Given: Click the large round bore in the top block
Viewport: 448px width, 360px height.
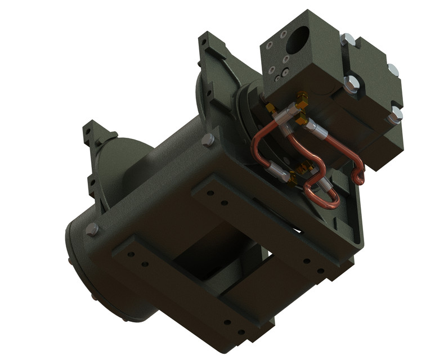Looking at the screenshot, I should [298, 39].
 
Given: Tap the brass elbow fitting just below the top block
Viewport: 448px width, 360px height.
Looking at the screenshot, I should [302, 102].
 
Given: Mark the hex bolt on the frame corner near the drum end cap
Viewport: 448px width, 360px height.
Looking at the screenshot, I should [92, 229].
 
